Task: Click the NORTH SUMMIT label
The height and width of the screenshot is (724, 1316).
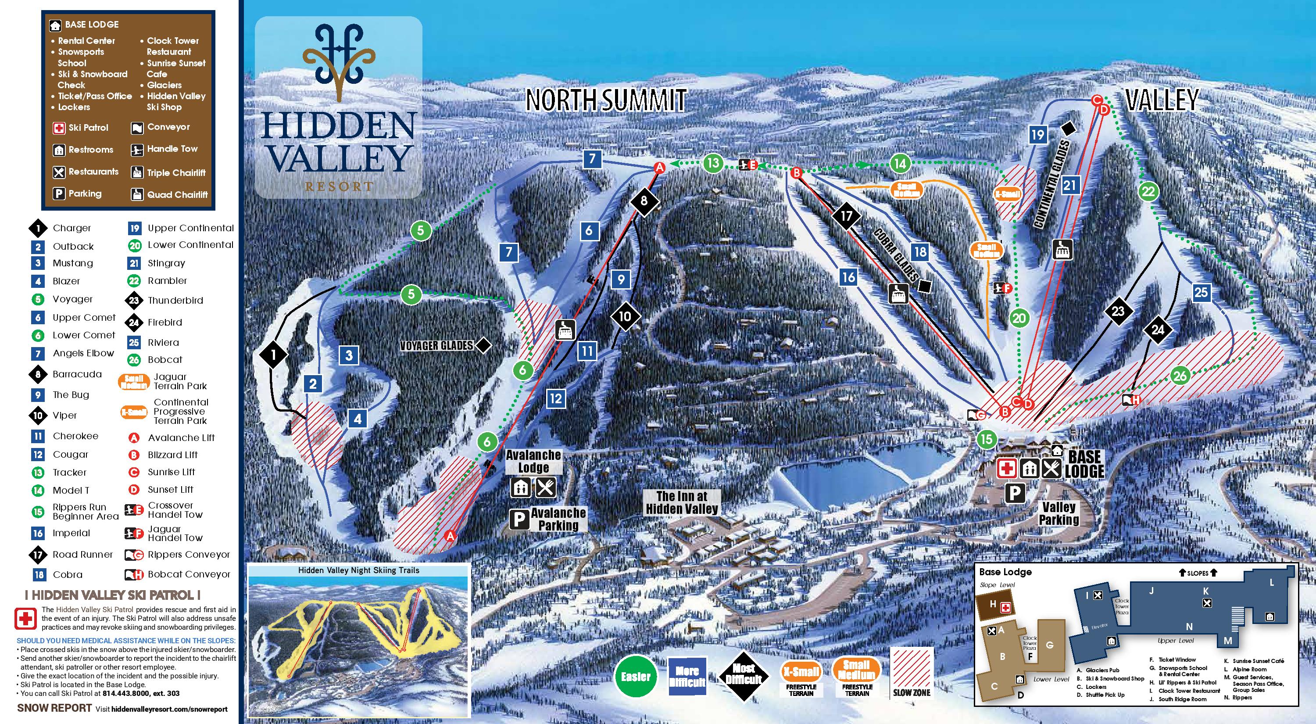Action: [606, 100]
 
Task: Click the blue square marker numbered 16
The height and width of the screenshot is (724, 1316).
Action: [848, 277]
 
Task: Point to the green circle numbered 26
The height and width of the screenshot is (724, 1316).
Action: [1180, 376]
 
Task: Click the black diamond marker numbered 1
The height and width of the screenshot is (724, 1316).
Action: [273, 354]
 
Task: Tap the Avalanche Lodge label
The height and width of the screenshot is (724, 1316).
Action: [533, 461]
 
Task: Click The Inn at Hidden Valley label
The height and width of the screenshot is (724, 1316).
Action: [682, 502]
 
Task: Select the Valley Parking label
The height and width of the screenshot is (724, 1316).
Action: [1059, 513]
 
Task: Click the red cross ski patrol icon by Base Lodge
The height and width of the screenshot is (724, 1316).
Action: [1007, 468]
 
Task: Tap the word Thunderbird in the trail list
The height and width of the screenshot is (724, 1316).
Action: [175, 301]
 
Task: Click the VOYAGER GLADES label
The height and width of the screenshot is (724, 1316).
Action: [437, 346]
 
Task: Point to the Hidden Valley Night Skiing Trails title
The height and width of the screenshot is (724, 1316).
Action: [359, 570]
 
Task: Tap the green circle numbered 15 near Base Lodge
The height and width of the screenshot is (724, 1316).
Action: [986, 439]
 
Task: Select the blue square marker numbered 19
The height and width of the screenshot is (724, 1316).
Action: [1037, 135]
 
